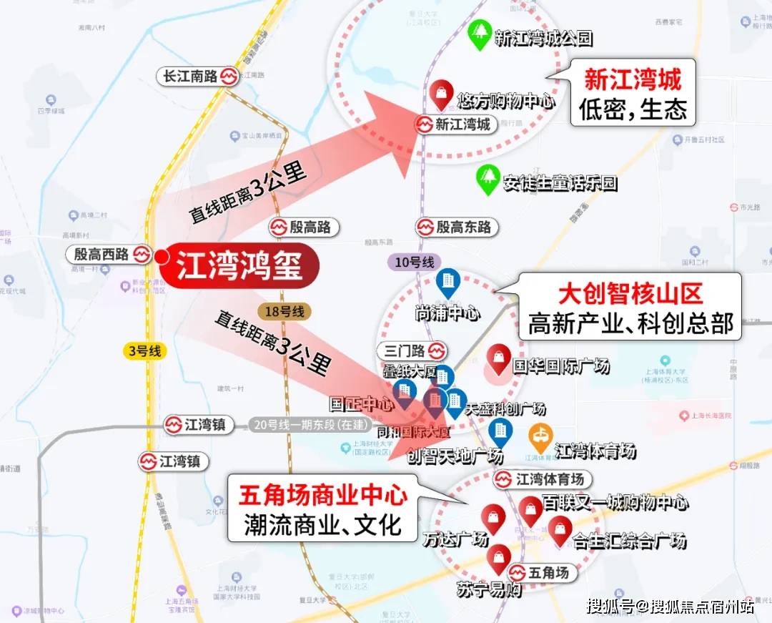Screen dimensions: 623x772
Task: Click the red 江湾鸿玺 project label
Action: point(239,265)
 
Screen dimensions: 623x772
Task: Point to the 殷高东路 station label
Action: point(457,227)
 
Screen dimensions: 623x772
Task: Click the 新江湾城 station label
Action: point(457,124)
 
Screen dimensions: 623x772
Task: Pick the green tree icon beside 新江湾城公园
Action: point(478,35)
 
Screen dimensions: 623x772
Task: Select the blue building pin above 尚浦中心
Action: point(448,283)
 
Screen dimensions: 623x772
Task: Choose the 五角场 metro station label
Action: point(542,573)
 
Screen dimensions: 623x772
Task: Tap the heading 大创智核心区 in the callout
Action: point(630,293)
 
